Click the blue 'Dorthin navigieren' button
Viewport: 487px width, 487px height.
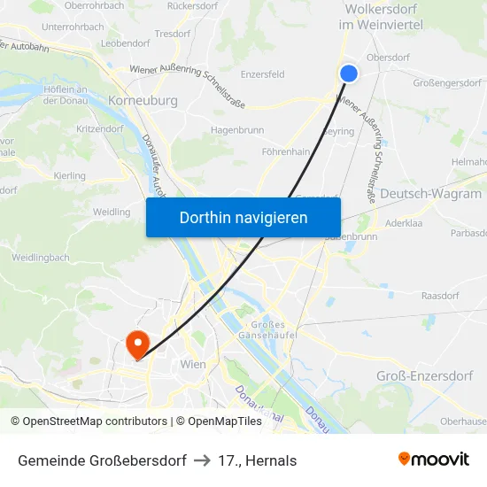pos(243,217)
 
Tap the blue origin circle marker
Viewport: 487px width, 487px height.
pos(349,73)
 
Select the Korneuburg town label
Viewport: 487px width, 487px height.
pos(143,101)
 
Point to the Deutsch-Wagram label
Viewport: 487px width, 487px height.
pos(430,193)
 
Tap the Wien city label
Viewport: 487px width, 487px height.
pos(192,364)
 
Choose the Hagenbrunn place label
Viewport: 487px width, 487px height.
pos(237,130)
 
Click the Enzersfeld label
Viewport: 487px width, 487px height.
pos(262,74)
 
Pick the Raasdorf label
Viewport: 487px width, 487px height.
pos(440,296)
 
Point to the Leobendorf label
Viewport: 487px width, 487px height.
pos(125,43)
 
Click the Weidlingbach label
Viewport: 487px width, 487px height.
pos(41,258)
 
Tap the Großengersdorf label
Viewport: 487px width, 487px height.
pos(446,83)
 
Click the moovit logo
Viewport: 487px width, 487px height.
pos(434,460)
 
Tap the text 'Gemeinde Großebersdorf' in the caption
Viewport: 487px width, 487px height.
pos(102,460)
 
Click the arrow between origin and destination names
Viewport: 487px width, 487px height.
pos(201,460)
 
